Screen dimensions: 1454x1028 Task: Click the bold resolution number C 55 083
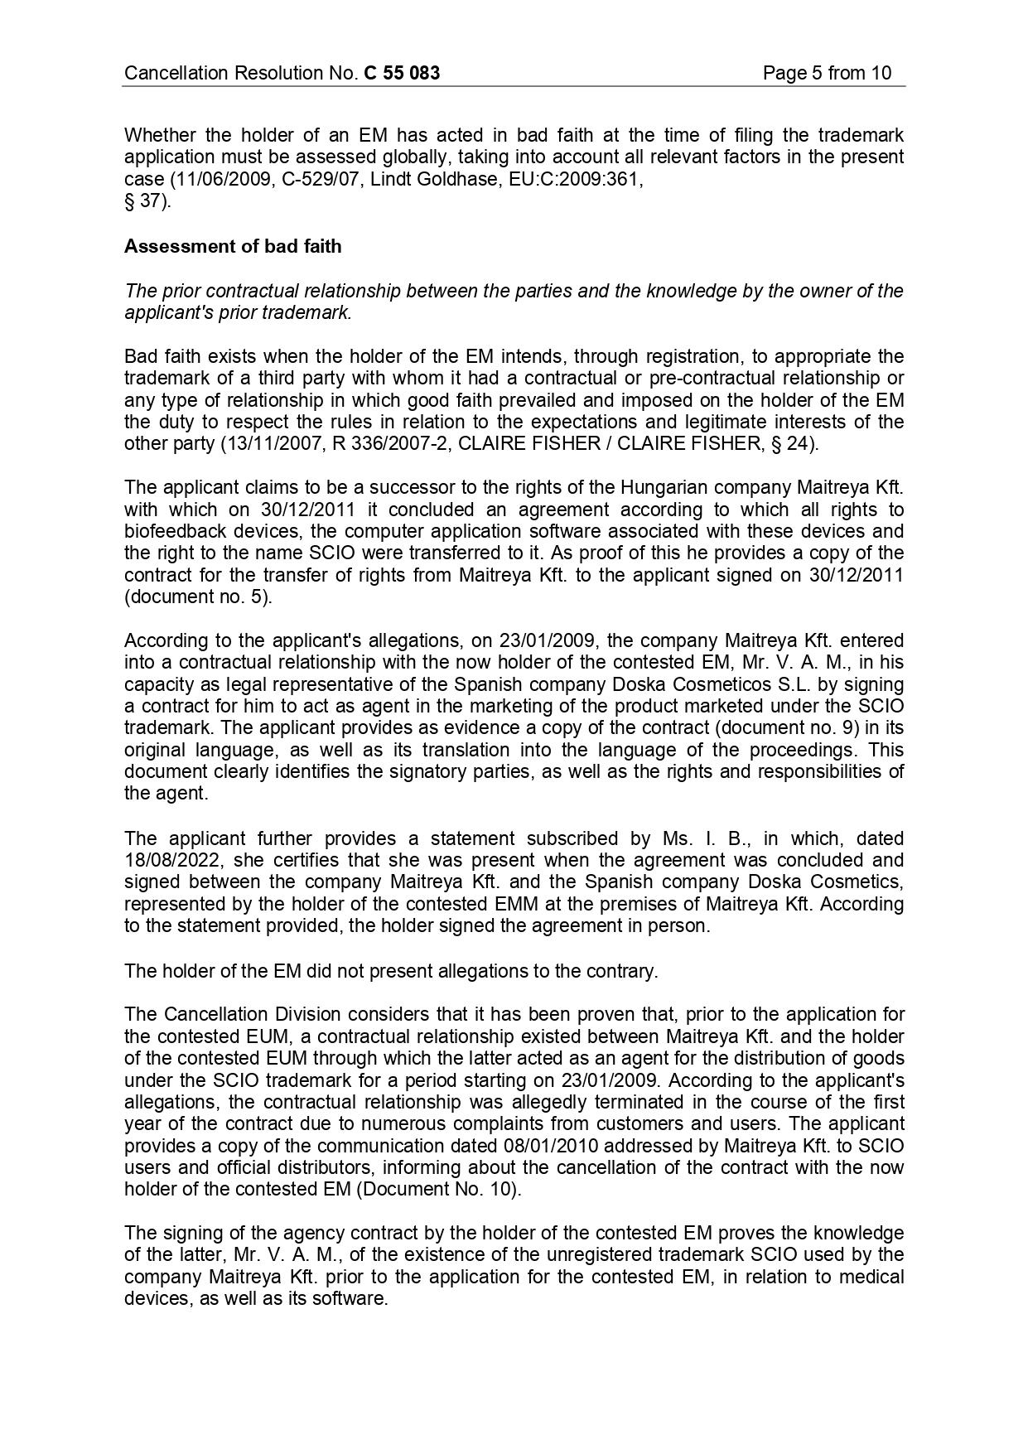pyautogui.click(x=402, y=73)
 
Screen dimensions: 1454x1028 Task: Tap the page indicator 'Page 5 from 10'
pyautogui.click(x=827, y=73)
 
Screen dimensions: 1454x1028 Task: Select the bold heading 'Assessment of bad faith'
pyautogui.click(x=233, y=246)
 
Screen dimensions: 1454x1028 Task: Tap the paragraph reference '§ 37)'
pyautogui.click(x=147, y=200)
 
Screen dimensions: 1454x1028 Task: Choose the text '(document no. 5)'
pyautogui.click(x=197, y=597)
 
